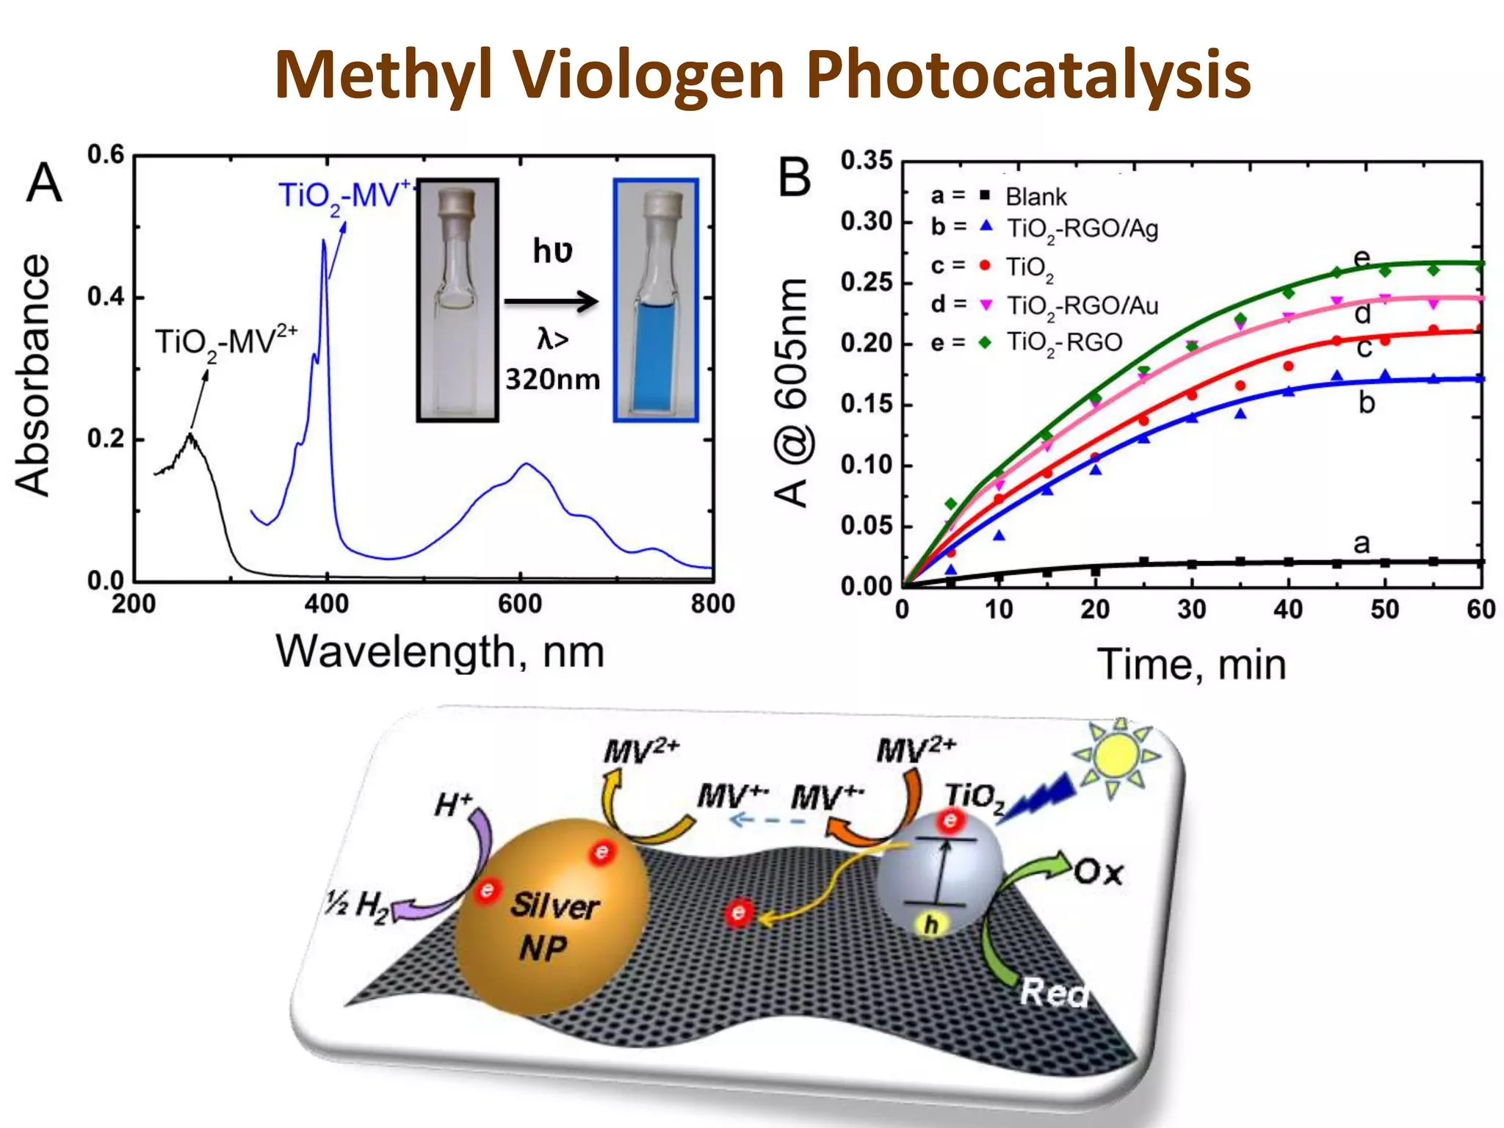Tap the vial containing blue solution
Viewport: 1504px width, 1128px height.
(656, 300)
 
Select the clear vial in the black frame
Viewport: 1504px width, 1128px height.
(458, 300)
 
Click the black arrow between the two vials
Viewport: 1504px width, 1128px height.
(552, 300)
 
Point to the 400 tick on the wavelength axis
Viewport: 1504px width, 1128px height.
(327, 604)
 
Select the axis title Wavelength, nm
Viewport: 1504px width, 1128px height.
(440, 651)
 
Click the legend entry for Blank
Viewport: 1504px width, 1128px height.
(1035, 197)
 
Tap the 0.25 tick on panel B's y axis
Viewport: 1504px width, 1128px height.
(866, 282)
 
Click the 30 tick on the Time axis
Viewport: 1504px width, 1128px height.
(1191, 610)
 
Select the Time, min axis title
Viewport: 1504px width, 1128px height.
(1191, 665)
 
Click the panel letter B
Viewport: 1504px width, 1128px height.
(794, 178)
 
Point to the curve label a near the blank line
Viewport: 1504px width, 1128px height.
(1362, 544)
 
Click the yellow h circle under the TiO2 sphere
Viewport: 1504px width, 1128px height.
(931, 925)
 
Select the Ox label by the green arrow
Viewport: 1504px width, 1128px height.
(1098, 873)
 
